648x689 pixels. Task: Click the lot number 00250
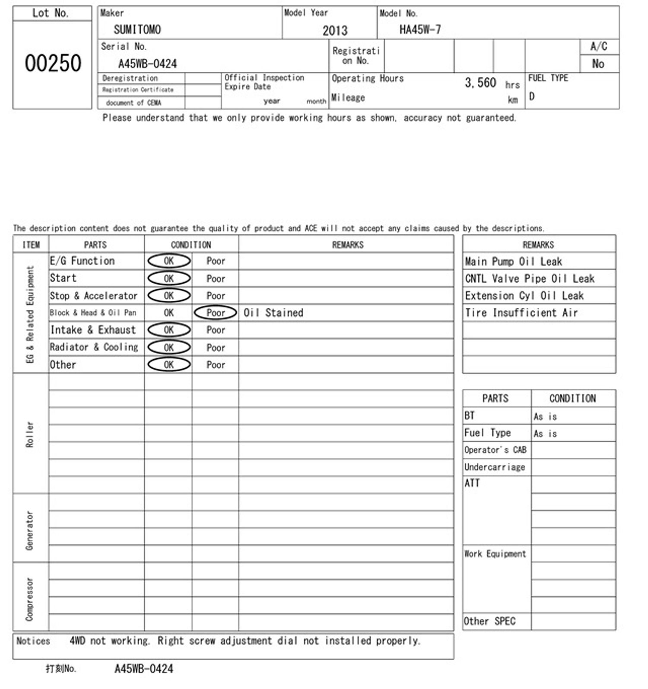53,63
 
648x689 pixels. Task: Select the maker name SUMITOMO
137,29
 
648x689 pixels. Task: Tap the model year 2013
335,30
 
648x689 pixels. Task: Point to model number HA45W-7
420,29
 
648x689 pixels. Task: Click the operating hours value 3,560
480,83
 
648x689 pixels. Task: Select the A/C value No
598,64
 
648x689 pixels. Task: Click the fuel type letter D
532,96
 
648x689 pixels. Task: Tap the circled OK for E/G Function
169,261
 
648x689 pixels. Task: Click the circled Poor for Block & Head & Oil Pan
216,313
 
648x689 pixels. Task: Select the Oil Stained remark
273,313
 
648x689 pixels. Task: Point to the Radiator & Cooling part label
94,347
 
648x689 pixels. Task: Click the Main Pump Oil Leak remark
513,262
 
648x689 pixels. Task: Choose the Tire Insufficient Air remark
521,313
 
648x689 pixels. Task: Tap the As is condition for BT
545,416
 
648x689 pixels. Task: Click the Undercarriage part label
495,467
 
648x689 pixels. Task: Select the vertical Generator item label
30,530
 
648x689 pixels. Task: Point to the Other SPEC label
489,621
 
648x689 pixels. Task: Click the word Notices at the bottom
33,641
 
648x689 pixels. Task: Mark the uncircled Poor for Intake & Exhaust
216,330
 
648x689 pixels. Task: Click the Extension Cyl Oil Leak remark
524,296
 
